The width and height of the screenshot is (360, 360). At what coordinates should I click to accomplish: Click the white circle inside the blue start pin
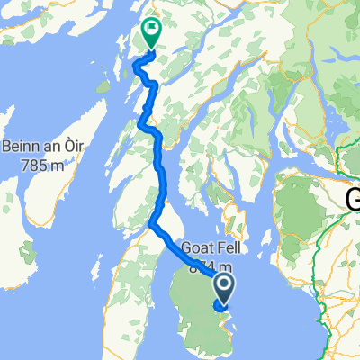pyautogui.click(x=222, y=284)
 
